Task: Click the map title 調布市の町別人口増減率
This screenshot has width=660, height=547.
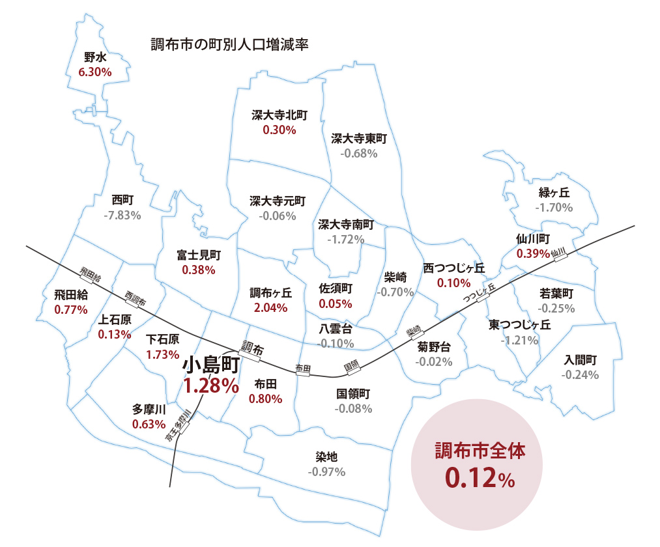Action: [x=229, y=45]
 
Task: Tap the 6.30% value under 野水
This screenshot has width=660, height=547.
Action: [x=94, y=72]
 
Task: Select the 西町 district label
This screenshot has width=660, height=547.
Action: [x=122, y=199]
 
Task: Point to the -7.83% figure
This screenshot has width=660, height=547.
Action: [x=122, y=215]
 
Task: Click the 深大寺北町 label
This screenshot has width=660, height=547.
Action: [x=280, y=115]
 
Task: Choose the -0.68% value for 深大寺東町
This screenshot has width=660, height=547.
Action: [x=359, y=154]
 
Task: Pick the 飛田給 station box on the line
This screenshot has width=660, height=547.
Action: [x=91, y=275]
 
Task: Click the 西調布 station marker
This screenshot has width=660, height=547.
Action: [x=136, y=298]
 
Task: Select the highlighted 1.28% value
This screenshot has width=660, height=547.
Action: [x=210, y=386]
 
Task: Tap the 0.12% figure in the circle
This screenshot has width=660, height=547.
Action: [x=481, y=479]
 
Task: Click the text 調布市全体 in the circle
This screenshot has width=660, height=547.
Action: [x=480, y=451]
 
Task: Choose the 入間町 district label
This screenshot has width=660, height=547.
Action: [x=580, y=359]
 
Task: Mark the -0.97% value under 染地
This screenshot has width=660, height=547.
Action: [x=326, y=471]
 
